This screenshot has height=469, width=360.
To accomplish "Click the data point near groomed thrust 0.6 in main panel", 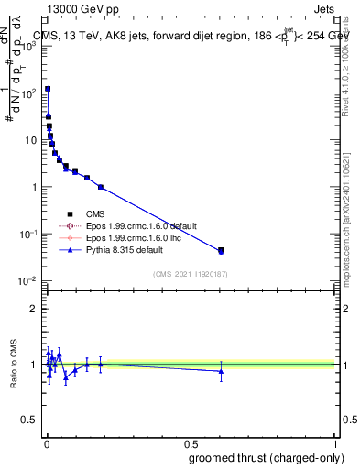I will pyautogui.click(x=220, y=250).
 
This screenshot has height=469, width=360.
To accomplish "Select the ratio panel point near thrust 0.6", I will pyautogui.click(x=220, y=371).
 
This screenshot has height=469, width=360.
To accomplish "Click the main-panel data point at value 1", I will pyautogui.click(x=101, y=187).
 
